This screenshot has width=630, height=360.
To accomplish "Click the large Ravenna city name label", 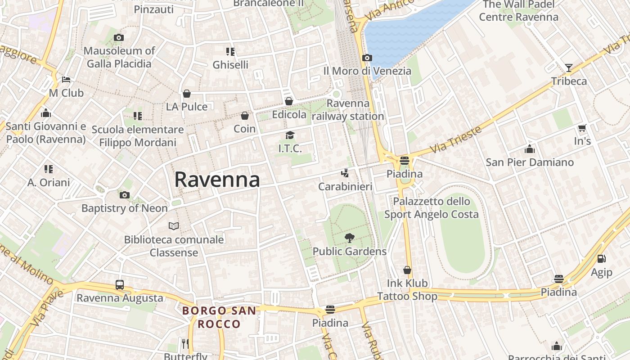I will pos(217,180).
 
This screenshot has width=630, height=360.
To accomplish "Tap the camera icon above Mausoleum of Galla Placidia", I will pos(119,38).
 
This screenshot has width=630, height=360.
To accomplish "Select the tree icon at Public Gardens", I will pos(349,238).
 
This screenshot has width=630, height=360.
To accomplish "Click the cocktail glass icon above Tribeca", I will pos(569,68).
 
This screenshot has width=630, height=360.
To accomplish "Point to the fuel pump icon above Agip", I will pos(601,259).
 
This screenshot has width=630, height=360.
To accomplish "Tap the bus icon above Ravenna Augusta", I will pos(119,285).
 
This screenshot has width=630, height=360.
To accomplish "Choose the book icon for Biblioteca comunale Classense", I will pos(174,226).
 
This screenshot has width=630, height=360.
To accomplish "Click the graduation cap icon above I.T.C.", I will pos(290,135).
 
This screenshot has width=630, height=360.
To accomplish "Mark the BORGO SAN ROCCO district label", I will pos(219,317).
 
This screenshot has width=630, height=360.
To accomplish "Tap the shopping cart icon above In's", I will pos(582,128).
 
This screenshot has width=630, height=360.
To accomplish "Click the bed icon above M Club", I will pos(66,80).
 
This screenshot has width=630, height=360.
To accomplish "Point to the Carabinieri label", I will pos(345,186).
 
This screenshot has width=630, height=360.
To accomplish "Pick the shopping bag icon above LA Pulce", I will pos(187,94).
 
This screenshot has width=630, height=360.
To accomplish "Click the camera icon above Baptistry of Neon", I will pos(125,195).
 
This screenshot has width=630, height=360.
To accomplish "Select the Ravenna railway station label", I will pos(348,110).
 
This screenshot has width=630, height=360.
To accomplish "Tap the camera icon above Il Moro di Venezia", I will pos(367,58).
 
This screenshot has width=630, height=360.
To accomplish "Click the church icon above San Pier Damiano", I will pos(530,149).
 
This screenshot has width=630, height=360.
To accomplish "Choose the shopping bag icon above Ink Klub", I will pos(407,270).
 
